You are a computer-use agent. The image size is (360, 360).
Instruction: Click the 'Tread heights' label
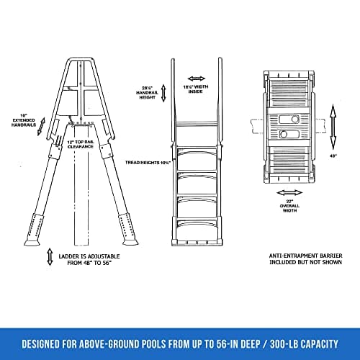pos(147,163)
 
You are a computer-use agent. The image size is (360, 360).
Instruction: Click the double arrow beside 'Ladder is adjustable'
pos(50,256)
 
